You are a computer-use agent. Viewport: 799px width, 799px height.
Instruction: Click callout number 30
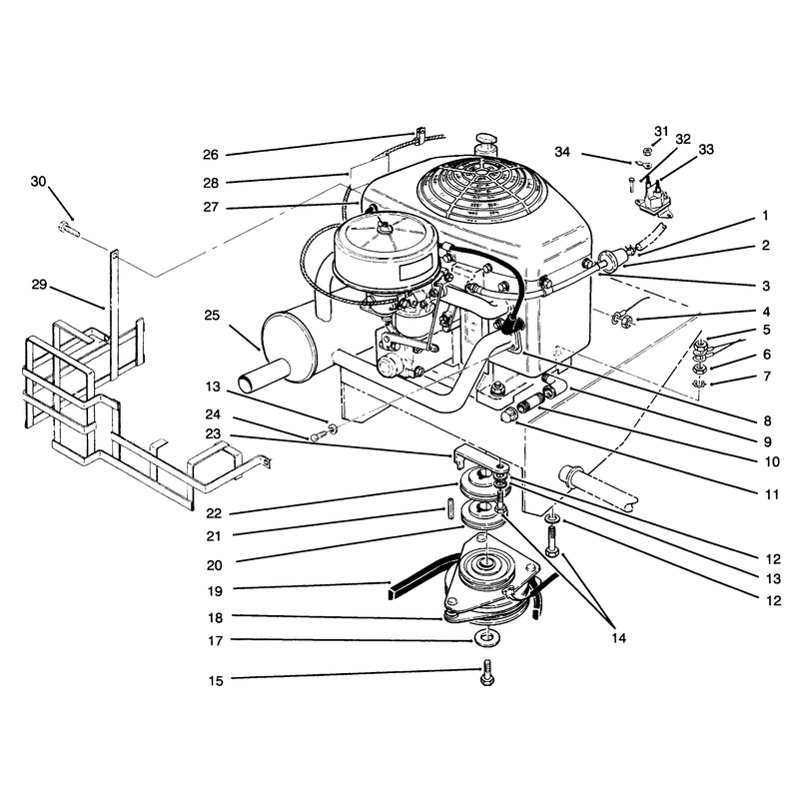(38, 182)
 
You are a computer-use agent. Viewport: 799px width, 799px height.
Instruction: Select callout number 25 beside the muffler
(212, 316)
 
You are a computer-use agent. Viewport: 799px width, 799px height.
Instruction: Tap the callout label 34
(562, 152)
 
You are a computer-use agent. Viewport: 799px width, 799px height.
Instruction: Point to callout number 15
(216, 681)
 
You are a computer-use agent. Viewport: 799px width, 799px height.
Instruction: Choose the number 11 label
(772, 494)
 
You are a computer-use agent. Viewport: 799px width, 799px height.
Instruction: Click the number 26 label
(211, 155)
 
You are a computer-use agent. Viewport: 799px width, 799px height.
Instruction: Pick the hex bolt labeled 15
(487, 672)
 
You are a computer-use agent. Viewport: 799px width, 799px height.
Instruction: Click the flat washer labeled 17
(487, 637)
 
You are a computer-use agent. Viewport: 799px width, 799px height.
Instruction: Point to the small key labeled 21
(450, 506)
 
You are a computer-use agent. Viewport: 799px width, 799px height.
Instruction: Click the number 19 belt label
(216, 591)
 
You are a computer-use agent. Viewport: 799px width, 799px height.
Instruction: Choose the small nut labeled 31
(647, 151)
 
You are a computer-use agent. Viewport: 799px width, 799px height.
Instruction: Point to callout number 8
(767, 420)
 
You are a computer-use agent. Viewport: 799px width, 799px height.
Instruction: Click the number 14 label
(618, 638)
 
